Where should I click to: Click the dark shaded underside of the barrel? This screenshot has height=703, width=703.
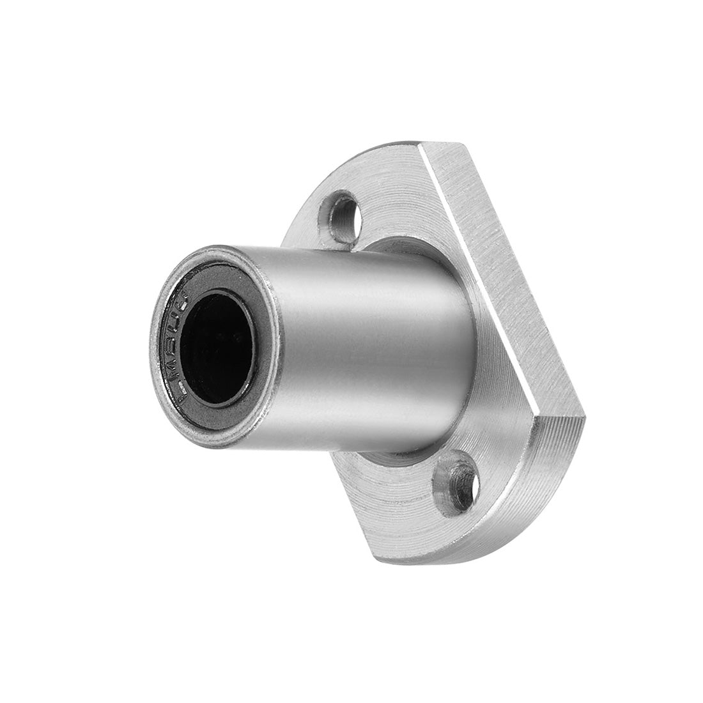click(x=358, y=435)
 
